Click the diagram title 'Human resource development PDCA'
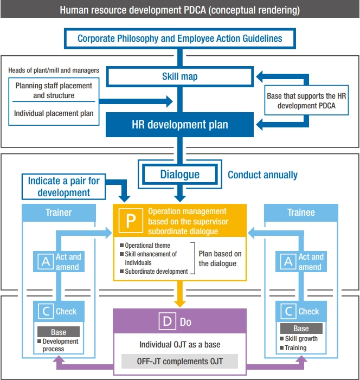(x=179, y=10)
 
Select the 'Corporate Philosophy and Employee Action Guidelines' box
(x=179, y=38)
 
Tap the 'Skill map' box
(x=179, y=76)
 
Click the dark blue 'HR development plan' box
(x=179, y=124)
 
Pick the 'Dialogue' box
(x=179, y=174)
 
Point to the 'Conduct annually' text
(x=262, y=175)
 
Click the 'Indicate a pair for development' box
(x=64, y=186)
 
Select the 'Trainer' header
(x=59, y=212)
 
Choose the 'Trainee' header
(x=301, y=212)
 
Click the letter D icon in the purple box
(x=167, y=322)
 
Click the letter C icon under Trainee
(x=288, y=311)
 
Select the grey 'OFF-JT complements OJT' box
(x=179, y=361)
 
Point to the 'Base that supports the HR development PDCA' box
(x=306, y=101)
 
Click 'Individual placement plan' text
(x=53, y=113)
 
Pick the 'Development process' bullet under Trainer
(x=60, y=345)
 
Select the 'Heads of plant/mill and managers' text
(x=54, y=70)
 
